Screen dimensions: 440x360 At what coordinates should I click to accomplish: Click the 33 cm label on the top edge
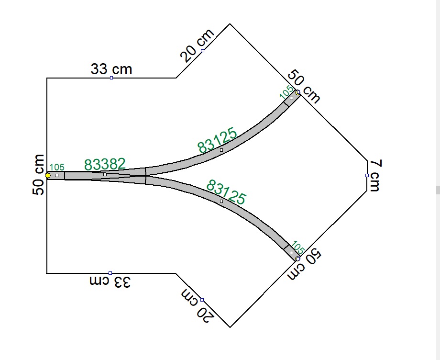(x=111, y=69)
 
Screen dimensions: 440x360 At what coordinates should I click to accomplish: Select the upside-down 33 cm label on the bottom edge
(x=110, y=281)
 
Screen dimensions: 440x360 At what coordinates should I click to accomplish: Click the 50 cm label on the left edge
(x=38, y=175)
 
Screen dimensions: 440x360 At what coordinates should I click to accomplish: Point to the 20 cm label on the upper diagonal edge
(x=197, y=45)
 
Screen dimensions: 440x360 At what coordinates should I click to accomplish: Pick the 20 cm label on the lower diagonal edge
(x=198, y=305)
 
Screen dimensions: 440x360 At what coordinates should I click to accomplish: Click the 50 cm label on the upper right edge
(x=304, y=87)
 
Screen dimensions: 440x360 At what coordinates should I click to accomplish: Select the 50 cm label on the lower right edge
(x=304, y=264)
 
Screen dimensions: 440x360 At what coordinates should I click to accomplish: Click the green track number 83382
(x=105, y=164)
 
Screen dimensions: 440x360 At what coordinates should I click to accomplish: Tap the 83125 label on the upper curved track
(x=217, y=140)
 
